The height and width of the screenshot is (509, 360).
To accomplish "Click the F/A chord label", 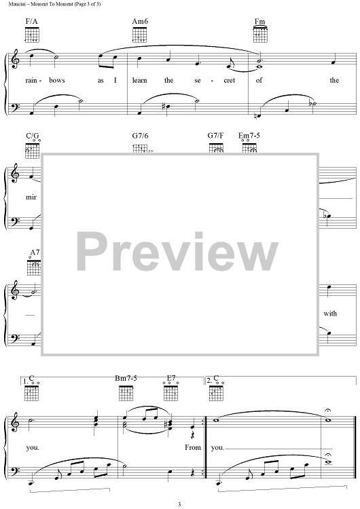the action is pos(31,22).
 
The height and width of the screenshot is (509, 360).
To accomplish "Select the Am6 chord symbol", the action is pos(140,22).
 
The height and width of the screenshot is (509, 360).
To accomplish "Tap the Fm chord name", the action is pos(259,22).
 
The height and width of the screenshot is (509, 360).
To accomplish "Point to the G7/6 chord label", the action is pos(140,136).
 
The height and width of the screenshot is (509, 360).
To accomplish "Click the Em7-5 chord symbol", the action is pos(249,136).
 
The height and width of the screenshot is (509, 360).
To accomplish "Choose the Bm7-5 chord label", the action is pos(126,378).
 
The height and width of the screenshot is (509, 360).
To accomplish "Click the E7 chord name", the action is pos(171,378).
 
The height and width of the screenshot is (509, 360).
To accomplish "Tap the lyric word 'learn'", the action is pos(139,80).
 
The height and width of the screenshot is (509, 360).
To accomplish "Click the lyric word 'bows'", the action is pos(57,80).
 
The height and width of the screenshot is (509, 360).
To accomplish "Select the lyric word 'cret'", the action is pos(229,81).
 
